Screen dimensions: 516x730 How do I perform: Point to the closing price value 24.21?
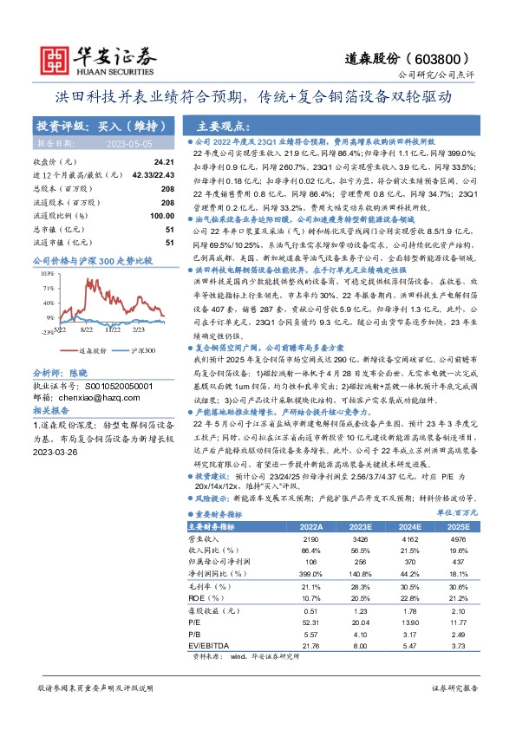pos(164,162)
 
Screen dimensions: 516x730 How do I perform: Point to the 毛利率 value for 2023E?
pos(359,585)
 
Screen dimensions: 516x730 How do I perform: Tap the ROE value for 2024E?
pos(408,597)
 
